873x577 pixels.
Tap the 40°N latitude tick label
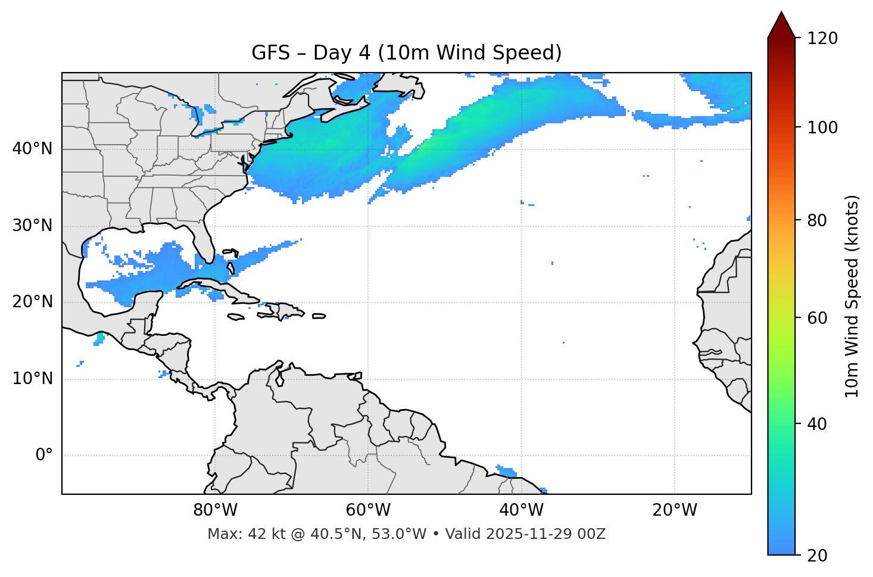pyautogui.click(x=32, y=149)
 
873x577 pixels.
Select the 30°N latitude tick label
pyautogui.click(x=32, y=226)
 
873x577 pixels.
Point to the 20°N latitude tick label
pyautogui.click(x=32, y=302)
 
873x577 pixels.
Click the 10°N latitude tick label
pyautogui.click(x=32, y=379)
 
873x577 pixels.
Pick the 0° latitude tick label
pyautogui.click(x=44, y=456)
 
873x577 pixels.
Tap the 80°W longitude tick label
pyautogui.click(x=215, y=510)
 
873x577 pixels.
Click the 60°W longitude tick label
pyautogui.click(x=368, y=510)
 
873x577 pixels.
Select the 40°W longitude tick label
pyautogui.click(x=521, y=510)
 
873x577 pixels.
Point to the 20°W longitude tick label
pyautogui.click(x=675, y=510)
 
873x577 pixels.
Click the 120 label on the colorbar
pyautogui.click(x=822, y=38)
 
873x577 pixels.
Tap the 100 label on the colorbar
pyautogui.click(x=822, y=127)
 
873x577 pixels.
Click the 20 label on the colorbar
pyautogui.click(x=817, y=556)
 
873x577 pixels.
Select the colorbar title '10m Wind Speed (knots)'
pyautogui.click(x=852, y=297)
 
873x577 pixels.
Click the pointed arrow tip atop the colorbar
pyautogui.click(x=781, y=14)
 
